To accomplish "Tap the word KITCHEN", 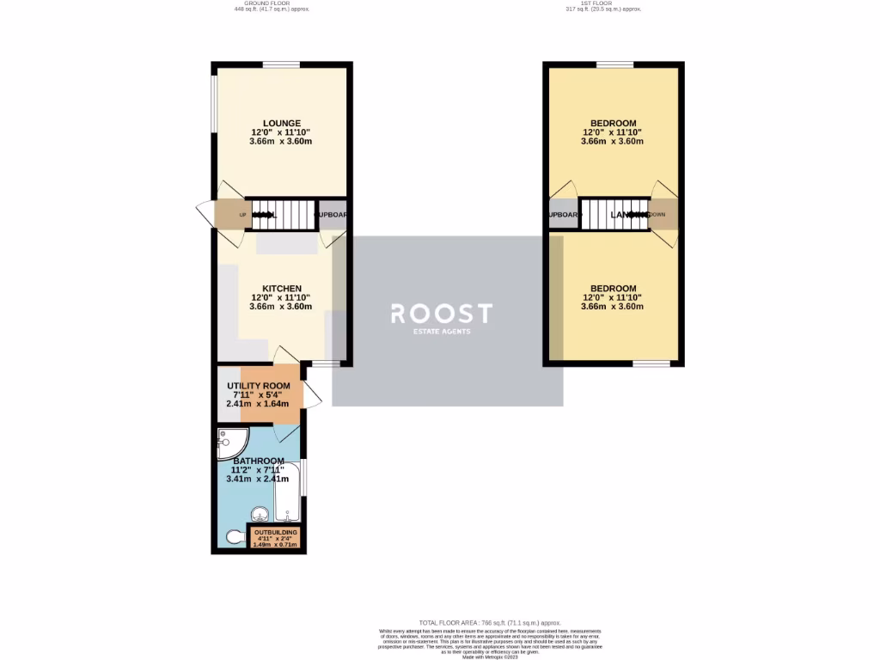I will tap(282, 288).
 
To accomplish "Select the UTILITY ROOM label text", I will tap(259, 386).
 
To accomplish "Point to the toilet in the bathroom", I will tap(233, 538).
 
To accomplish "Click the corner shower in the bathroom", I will tap(230, 441).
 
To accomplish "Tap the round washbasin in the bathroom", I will tap(259, 516).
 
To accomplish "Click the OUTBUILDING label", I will tap(275, 533).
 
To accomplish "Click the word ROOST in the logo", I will tap(442, 313).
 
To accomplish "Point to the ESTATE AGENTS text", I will tap(442, 332).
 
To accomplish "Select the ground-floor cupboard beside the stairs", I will tap(332, 214).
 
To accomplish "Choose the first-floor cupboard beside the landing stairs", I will tap(562, 214).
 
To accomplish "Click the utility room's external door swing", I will tap(311, 394).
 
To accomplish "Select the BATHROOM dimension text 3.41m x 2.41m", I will tap(257, 480).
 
